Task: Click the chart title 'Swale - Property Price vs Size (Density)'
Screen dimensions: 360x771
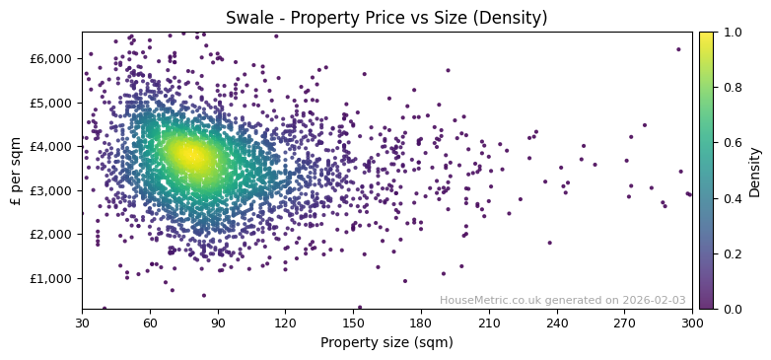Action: click(386, 18)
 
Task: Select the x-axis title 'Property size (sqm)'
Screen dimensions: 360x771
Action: click(386, 343)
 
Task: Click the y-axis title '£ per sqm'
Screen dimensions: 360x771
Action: click(16, 171)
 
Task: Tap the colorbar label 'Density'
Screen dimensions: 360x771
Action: click(754, 171)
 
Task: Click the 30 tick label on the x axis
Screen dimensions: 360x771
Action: click(82, 323)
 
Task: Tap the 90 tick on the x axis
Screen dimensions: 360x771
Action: click(218, 323)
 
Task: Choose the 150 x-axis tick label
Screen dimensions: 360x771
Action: click(354, 323)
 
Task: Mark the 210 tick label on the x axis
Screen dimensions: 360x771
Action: click(489, 323)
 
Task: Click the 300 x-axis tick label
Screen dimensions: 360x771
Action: click(692, 323)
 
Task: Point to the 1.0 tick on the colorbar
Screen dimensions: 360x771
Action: click(730, 32)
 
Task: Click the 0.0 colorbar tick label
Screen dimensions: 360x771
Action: click(730, 309)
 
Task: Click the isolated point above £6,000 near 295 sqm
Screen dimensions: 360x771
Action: click(678, 49)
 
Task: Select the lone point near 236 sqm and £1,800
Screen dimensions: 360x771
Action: click(549, 243)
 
